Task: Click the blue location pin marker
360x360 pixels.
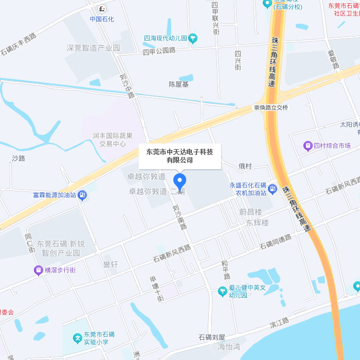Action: tap(179, 182)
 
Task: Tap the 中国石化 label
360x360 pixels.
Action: tap(102, 19)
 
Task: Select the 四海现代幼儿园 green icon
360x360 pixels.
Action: tap(193, 38)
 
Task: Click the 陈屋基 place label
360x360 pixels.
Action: tap(179, 84)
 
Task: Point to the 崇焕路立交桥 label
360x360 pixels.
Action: tap(271, 107)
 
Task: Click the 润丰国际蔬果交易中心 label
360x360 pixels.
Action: tap(113, 140)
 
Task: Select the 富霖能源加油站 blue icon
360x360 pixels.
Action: tap(84, 195)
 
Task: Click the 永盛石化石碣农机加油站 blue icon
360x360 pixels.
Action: tap(273, 189)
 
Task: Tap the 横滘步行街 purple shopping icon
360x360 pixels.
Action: tap(38, 270)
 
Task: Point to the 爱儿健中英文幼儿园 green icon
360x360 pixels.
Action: tap(222, 292)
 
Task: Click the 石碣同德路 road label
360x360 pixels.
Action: tap(275, 241)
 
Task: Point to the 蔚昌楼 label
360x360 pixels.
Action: tap(250, 212)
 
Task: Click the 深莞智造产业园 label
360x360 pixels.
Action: tap(93, 48)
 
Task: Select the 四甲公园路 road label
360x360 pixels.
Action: tap(159, 50)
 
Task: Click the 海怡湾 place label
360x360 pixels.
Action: tap(229, 347)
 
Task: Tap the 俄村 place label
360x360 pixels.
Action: tap(245, 166)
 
